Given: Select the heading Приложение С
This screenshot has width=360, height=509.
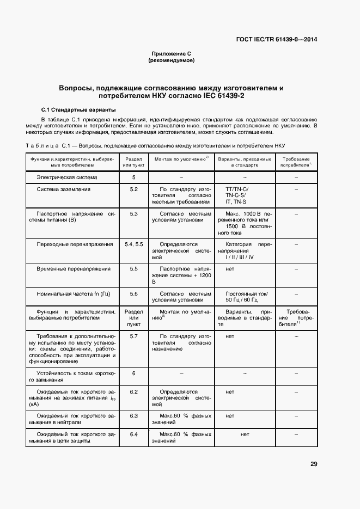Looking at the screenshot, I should (171, 54).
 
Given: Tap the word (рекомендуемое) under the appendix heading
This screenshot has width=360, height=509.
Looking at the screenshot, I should (171, 60).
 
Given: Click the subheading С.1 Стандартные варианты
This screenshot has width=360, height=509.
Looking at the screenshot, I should (79, 109).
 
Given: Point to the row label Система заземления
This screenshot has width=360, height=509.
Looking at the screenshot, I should (63, 189).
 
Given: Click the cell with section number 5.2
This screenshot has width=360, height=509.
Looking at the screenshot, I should (133, 189).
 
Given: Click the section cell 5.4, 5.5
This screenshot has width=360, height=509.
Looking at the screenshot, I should (133, 244).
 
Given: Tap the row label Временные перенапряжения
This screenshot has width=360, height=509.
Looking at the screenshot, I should (73, 269).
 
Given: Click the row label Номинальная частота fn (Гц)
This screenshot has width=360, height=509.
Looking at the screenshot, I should (73, 294).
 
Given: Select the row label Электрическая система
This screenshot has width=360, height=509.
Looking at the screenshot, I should (66, 177).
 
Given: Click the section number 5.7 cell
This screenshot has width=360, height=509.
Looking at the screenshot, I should (133, 336).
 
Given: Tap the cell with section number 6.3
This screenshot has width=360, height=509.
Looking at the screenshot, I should (133, 416).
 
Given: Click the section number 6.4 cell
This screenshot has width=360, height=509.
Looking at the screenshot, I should (133, 434).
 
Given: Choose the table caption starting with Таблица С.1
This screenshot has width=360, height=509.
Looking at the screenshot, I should (155, 146).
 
